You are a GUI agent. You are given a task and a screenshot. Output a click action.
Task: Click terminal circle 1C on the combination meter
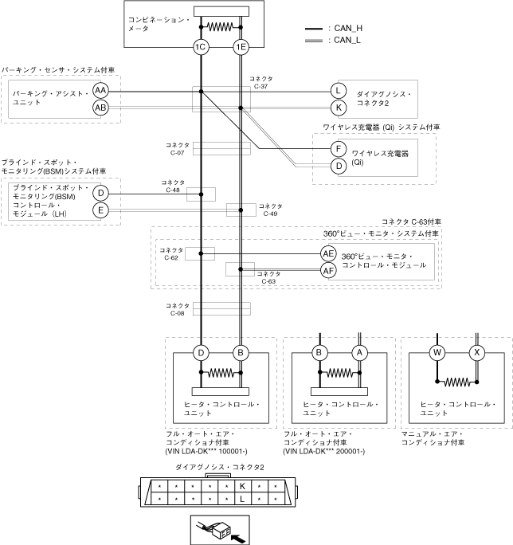[201, 48]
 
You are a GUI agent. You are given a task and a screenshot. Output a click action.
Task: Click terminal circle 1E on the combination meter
[240, 48]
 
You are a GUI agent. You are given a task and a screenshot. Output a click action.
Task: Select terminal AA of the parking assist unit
[100, 90]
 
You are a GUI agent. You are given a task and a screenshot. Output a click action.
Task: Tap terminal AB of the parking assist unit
[100, 107]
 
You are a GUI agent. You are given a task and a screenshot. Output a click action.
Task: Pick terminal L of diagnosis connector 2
[339, 90]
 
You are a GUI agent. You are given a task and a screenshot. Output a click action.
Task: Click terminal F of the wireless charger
[339, 148]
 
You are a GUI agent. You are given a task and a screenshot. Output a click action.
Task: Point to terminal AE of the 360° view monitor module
[328, 253]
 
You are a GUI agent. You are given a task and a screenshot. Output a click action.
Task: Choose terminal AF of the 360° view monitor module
[328, 271]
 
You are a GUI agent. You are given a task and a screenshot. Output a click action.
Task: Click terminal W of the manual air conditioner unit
[437, 352]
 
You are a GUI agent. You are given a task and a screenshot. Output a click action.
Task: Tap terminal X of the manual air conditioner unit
[477, 352]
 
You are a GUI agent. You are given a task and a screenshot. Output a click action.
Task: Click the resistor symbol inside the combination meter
[220, 26]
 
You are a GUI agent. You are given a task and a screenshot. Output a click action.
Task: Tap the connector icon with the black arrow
[219, 528]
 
